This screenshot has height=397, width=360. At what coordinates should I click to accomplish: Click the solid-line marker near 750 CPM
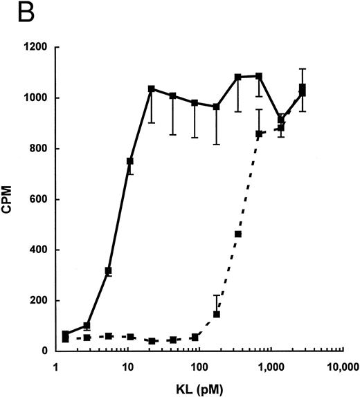click(x=129, y=161)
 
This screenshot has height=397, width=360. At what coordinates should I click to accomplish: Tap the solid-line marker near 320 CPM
click(x=108, y=270)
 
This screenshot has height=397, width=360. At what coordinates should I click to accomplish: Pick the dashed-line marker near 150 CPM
click(x=216, y=314)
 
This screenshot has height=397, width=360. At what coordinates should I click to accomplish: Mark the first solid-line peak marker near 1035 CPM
click(x=151, y=89)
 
